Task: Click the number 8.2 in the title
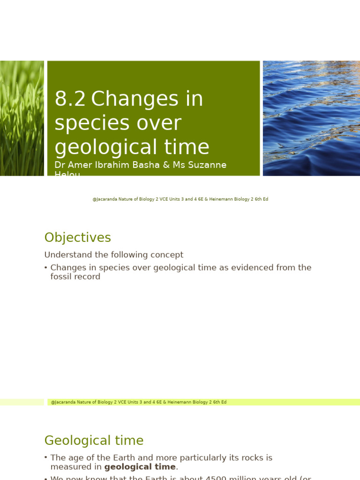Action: pyautogui.click(x=70, y=99)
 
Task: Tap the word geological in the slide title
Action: pyautogui.click(x=106, y=147)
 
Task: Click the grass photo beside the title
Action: pyautogui.click(x=22, y=118)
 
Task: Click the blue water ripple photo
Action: pyautogui.click(x=311, y=118)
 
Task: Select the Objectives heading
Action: pyautogui.click(x=77, y=238)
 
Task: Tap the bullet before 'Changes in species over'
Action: pyautogui.click(x=46, y=268)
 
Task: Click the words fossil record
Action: pyautogui.click(x=75, y=277)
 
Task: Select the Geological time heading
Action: pyautogui.click(x=94, y=441)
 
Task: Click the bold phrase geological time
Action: pyautogui.click(x=140, y=467)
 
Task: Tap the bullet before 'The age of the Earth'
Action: pyautogui.click(x=46, y=457)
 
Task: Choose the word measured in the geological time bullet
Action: pyautogui.click(x=70, y=467)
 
